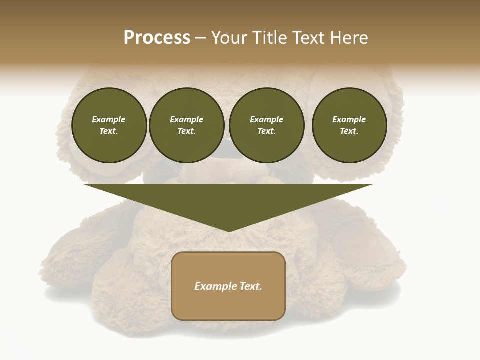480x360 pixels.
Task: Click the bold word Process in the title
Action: [157, 38]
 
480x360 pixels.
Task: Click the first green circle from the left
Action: [109, 125]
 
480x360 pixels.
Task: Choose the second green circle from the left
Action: [187, 125]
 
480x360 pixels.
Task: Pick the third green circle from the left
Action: [267, 125]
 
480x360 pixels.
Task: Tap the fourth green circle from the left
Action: [349, 125]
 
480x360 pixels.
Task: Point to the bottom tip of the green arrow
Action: [229, 231]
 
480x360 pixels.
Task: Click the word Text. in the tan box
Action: [251, 286]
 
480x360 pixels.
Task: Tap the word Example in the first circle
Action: [109, 119]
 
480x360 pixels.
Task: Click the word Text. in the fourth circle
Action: [349, 131]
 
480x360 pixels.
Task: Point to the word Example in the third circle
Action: [267, 119]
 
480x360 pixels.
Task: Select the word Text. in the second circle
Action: [187, 131]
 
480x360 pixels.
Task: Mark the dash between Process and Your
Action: [200, 38]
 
